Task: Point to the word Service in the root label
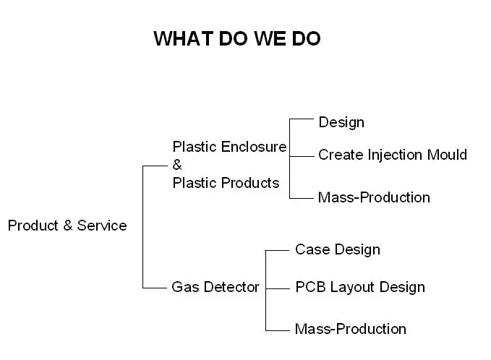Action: click(x=101, y=226)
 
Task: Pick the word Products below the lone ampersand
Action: click(x=250, y=183)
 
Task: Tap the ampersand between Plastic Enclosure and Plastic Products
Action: click(x=177, y=165)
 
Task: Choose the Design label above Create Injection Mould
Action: click(x=341, y=122)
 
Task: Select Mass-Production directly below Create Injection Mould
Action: click(x=374, y=197)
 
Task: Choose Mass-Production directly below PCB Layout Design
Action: click(x=351, y=329)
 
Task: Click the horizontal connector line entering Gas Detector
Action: click(x=155, y=287)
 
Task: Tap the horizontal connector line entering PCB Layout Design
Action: click(x=278, y=287)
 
